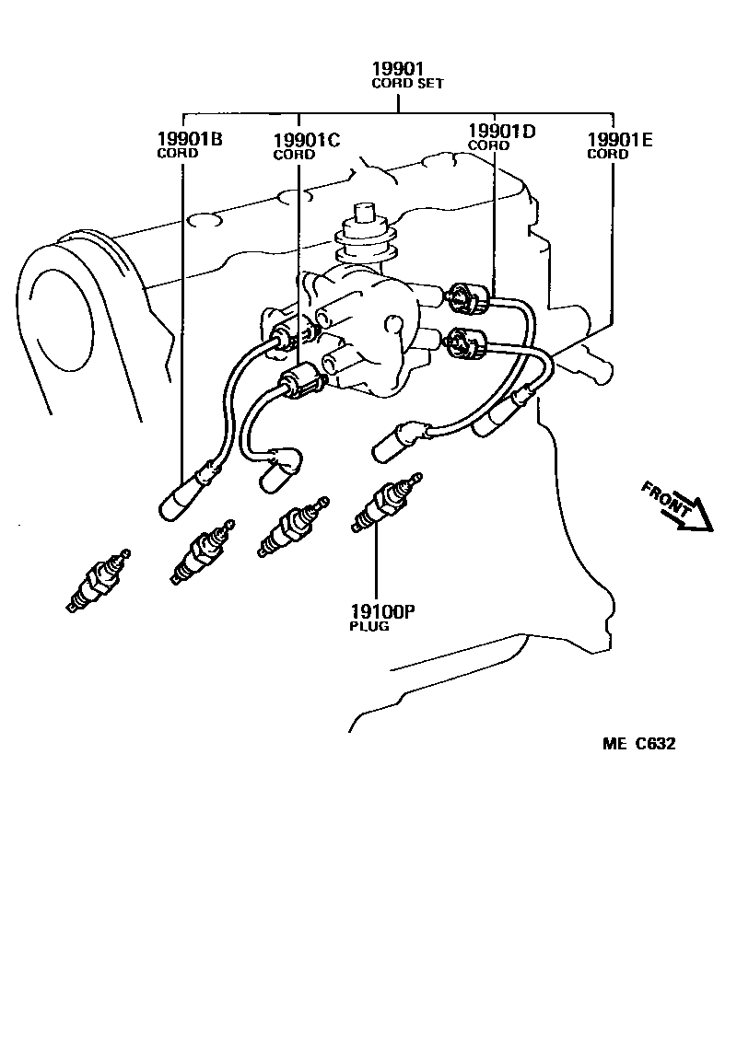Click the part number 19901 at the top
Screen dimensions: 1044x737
point(398,69)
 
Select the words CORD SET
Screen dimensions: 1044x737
point(407,84)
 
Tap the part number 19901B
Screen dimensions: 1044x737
point(190,139)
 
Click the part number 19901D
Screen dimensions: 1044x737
point(501,131)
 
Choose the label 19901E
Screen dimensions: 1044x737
point(620,139)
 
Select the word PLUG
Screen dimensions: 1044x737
point(368,626)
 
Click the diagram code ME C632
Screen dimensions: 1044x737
point(639,744)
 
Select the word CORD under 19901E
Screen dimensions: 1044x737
point(607,155)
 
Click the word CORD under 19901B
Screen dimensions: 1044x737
point(177,154)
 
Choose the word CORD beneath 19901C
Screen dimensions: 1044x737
point(293,155)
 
